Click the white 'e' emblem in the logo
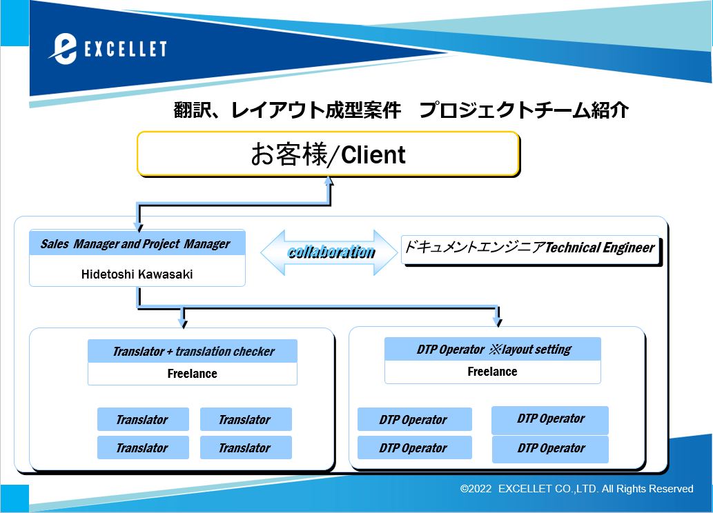pos(64,49)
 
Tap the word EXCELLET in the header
pos(126,49)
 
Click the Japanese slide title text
pos(401,110)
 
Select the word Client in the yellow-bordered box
pos(373,155)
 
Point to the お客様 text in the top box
pos(289,154)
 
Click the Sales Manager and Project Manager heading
pos(135,244)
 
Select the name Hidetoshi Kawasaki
pos(137,274)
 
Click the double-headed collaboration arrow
pos(329,252)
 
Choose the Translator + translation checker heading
pos(194,351)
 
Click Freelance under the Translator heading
pos(193,374)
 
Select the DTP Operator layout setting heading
pos(494,350)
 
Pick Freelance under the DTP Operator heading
pos(492,372)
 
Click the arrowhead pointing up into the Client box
pos(329,181)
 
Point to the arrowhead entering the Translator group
pos(183,323)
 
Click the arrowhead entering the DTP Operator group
pos(498,322)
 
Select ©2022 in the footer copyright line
pos(476,489)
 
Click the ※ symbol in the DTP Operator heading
pos(495,350)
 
